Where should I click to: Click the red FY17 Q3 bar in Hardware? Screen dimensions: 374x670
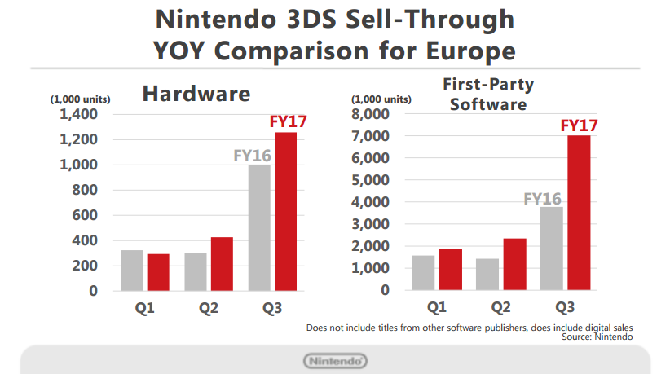point(285,211)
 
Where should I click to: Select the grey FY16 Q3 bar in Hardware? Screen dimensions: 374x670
point(260,227)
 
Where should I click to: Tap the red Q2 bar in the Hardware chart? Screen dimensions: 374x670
point(222,263)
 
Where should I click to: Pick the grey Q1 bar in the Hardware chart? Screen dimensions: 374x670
point(132,270)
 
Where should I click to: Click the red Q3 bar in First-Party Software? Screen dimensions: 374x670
point(579,213)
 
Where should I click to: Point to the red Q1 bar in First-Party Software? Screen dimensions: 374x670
point(451,269)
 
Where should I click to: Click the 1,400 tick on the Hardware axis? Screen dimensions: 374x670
point(77,114)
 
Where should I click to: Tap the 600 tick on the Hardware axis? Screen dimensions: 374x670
point(85,215)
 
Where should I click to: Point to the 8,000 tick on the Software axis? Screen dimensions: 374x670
point(369,114)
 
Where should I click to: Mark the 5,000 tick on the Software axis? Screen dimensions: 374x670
point(369,180)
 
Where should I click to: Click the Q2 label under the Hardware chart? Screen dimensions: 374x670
point(209,307)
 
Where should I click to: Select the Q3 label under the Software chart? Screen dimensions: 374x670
point(566,307)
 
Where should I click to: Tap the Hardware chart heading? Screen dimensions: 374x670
point(196,94)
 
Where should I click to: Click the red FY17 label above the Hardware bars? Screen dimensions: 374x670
point(287,123)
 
